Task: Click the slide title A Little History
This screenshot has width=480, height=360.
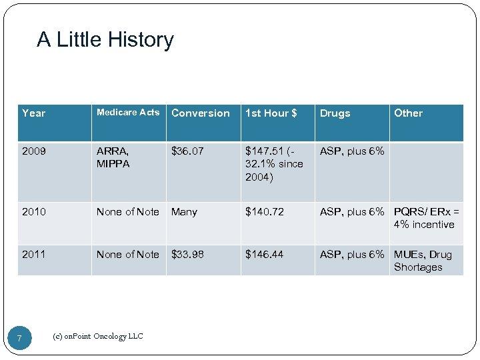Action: [105, 40]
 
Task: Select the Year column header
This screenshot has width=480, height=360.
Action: [34, 113]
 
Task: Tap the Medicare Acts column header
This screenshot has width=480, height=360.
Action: [128, 113]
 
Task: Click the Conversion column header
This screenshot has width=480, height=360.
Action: [200, 113]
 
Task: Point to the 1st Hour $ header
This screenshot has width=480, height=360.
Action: [271, 113]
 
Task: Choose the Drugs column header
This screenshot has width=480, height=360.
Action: [335, 113]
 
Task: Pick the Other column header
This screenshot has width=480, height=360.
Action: [408, 113]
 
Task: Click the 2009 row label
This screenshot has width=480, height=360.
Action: [34, 151]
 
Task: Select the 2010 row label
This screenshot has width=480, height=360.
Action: [34, 212]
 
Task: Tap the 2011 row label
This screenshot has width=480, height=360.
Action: [34, 255]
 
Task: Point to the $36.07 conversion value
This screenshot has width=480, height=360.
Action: [188, 151]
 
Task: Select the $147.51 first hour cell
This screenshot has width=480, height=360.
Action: [274, 164]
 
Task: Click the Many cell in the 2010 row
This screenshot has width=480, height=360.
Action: [184, 212]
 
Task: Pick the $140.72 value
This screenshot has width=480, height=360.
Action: [264, 212]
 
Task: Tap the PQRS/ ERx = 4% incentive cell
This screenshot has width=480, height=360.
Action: [426, 218]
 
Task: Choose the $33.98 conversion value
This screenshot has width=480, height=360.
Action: [188, 255]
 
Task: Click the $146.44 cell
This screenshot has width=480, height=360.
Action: [264, 255]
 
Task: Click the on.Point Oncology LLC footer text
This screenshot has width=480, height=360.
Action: [97, 337]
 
